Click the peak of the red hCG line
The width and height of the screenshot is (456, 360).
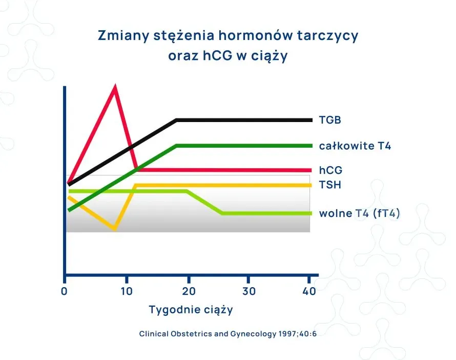point(115,87)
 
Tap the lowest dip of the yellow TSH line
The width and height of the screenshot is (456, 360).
point(115,229)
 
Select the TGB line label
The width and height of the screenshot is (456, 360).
point(330,121)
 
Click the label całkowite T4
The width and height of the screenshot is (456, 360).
point(355,146)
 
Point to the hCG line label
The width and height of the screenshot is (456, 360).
point(330,170)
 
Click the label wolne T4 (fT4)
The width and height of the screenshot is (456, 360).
point(359,213)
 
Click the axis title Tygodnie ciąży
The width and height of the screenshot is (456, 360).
point(191,310)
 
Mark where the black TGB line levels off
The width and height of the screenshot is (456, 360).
point(177,120)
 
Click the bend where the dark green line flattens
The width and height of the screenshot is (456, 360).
point(177,146)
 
